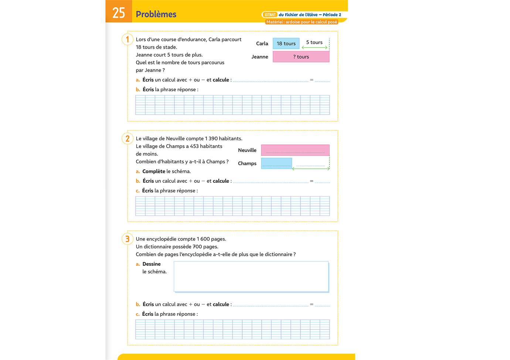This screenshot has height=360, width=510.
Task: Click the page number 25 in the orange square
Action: [119, 13]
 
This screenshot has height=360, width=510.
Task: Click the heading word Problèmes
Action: [156, 14]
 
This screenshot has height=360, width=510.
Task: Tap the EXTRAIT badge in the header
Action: [270, 15]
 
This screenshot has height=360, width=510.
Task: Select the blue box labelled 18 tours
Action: [286, 44]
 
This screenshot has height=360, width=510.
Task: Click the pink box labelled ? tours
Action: [301, 57]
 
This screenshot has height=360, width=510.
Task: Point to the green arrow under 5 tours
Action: [314, 48]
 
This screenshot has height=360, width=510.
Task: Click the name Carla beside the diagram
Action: [262, 44]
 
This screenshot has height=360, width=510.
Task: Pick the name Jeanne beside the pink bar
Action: [260, 57]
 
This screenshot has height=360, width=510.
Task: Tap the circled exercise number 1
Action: [127, 39]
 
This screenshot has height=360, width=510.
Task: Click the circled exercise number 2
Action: [127, 138]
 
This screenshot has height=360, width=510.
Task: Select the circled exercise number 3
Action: [127, 239]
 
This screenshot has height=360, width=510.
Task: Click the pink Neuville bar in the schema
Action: [295, 150]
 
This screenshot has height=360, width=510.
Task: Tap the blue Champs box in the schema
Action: [276, 163]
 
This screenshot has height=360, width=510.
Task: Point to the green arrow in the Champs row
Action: [311, 169]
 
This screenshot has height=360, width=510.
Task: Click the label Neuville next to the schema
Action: [247, 150]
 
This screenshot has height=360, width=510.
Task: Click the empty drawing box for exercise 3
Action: [251, 277]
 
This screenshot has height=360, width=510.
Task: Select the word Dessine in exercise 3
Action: [152, 264]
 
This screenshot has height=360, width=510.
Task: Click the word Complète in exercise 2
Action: [154, 171]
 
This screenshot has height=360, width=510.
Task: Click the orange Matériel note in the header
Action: [302, 22]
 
